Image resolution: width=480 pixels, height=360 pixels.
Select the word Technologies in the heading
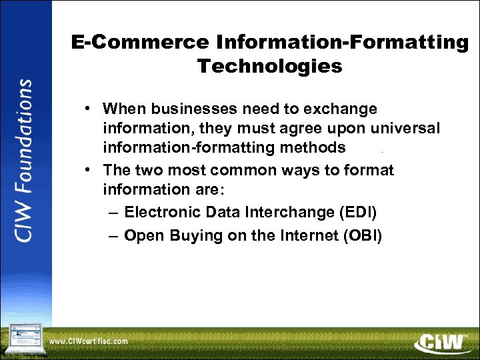click(270, 66)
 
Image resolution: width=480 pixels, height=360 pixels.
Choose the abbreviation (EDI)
click(357, 213)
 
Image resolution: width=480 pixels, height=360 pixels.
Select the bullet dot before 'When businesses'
click(88, 109)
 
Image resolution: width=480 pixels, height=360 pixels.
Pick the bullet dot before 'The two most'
click(88, 171)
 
